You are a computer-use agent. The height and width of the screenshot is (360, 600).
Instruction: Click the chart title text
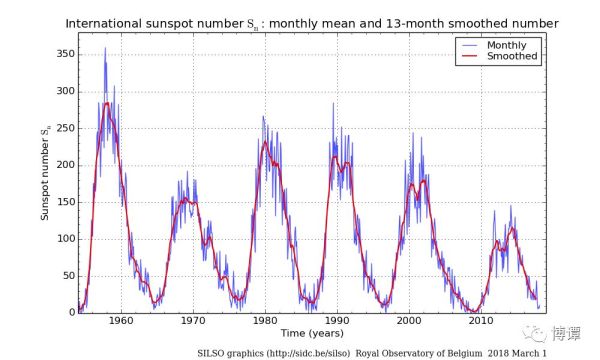click(x=312, y=24)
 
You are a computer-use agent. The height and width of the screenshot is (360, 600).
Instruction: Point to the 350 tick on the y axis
click(x=66, y=54)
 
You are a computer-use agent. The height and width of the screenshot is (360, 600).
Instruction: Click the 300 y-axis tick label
click(x=66, y=91)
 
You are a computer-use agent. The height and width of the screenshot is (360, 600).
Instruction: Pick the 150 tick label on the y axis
click(x=66, y=202)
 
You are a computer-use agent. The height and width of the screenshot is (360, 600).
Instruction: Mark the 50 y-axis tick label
click(x=69, y=276)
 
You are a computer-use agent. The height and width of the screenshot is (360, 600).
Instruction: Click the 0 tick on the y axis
click(x=72, y=313)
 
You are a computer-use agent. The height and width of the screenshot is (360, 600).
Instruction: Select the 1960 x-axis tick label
click(x=121, y=321)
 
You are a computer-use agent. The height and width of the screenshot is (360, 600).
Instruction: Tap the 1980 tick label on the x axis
click(x=265, y=321)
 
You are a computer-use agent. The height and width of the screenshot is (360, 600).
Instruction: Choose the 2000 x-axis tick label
click(x=409, y=321)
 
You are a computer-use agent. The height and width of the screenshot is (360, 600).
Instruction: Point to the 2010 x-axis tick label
click(x=481, y=321)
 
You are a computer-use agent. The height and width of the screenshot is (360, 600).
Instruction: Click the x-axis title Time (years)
click(x=312, y=333)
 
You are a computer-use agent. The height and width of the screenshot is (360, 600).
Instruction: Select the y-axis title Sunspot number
click(x=45, y=174)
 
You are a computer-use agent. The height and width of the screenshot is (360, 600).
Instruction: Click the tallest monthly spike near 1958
click(x=105, y=48)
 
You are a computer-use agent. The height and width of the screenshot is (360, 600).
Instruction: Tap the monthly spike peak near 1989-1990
click(x=333, y=103)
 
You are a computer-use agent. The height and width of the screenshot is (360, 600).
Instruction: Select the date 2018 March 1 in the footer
click(x=517, y=353)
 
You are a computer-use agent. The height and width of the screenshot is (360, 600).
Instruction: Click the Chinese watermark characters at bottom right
click(x=566, y=334)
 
